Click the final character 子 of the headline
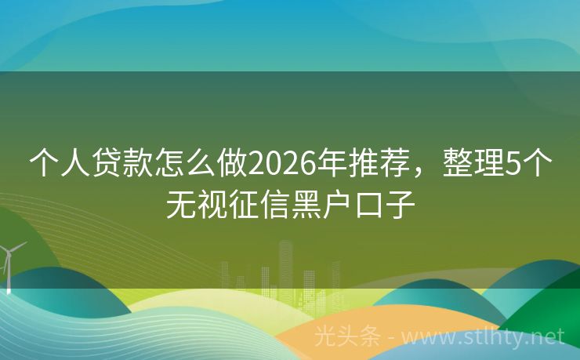click(x=399, y=204)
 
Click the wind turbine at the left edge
click(x=9, y=263)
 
